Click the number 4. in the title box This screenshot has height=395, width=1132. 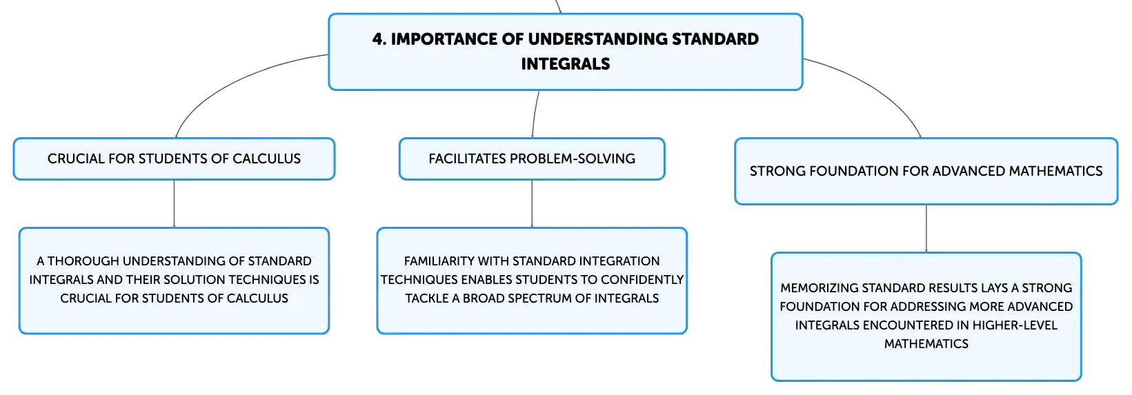pos(379,39)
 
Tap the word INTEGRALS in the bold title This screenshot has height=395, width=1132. pos(566,64)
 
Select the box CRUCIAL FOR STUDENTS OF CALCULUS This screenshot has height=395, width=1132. pos(175,159)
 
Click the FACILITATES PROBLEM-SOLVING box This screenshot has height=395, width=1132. pos(532,159)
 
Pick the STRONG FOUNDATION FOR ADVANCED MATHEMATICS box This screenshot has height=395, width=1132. pos(926,171)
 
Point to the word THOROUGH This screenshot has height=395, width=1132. pos(83,261)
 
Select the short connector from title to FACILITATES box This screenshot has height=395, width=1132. pos(535,114)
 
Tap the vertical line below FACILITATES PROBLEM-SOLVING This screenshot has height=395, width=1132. pos(532,203)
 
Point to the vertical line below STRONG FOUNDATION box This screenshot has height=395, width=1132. pos(926,228)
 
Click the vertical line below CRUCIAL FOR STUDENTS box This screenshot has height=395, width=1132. pos(175,203)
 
